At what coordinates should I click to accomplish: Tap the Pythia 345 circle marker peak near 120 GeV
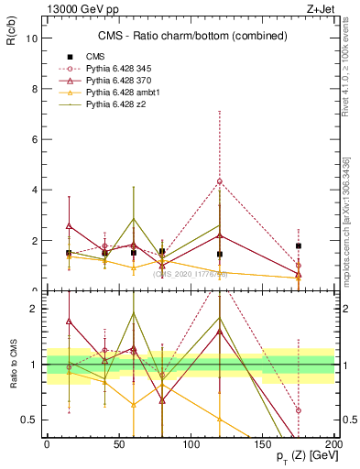pos(220,181)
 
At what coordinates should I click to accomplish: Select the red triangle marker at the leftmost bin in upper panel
pos(69,225)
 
